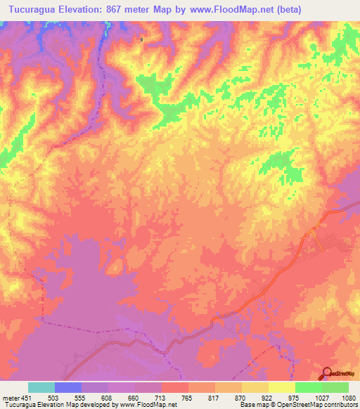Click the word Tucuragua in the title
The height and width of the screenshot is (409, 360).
click(x=33, y=8)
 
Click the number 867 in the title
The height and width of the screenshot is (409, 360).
click(x=127, y=8)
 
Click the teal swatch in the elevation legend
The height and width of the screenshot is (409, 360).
click(x=41, y=387)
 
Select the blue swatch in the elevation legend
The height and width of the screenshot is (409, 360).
click(x=68, y=387)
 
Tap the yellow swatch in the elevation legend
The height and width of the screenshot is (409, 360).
click(x=282, y=387)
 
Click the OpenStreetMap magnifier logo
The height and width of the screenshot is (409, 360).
click(x=328, y=374)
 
